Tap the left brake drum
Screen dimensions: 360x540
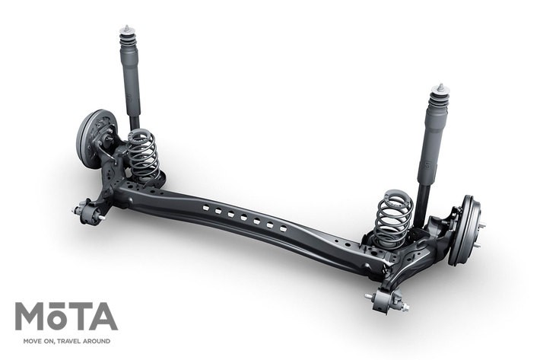(93, 138)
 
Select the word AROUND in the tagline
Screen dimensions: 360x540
(97, 341)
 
